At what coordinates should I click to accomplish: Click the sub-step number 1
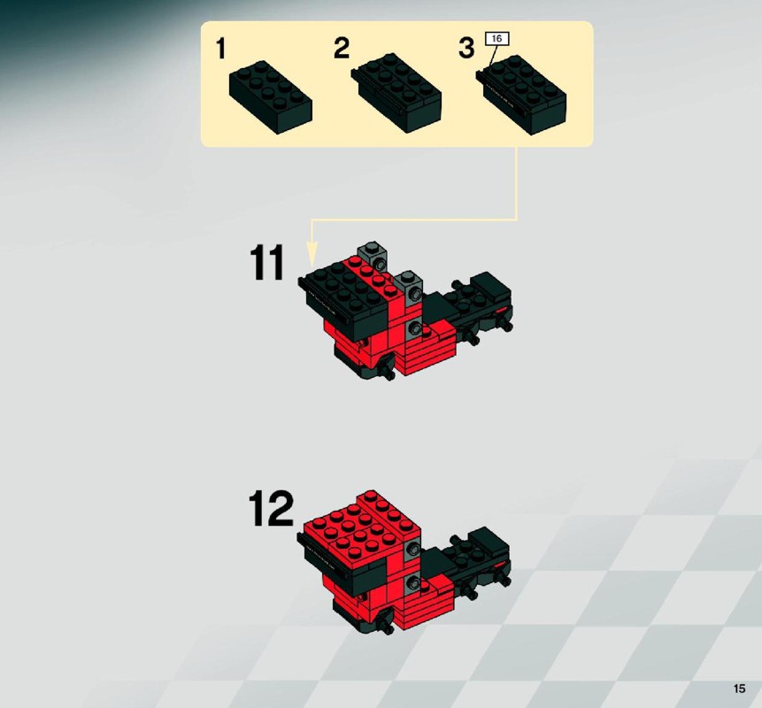click(x=221, y=49)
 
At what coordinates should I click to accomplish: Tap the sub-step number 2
click(x=342, y=48)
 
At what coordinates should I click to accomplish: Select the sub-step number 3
click(x=466, y=48)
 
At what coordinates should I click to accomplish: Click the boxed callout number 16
click(x=496, y=39)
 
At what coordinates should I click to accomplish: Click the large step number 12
click(x=271, y=508)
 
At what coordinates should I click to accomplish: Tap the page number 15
click(x=739, y=689)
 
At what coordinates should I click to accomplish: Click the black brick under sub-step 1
click(x=270, y=96)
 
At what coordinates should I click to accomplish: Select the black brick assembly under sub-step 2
click(x=396, y=93)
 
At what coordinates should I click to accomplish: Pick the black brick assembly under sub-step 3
click(x=521, y=95)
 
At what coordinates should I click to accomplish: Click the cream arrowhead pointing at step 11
click(x=312, y=254)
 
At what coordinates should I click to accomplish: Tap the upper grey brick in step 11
click(x=373, y=255)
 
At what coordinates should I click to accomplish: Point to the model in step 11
click(x=404, y=311)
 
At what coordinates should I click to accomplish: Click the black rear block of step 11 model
click(x=490, y=286)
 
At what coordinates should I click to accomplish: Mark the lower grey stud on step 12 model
click(x=413, y=582)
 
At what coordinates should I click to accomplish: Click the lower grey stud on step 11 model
click(x=414, y=327)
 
